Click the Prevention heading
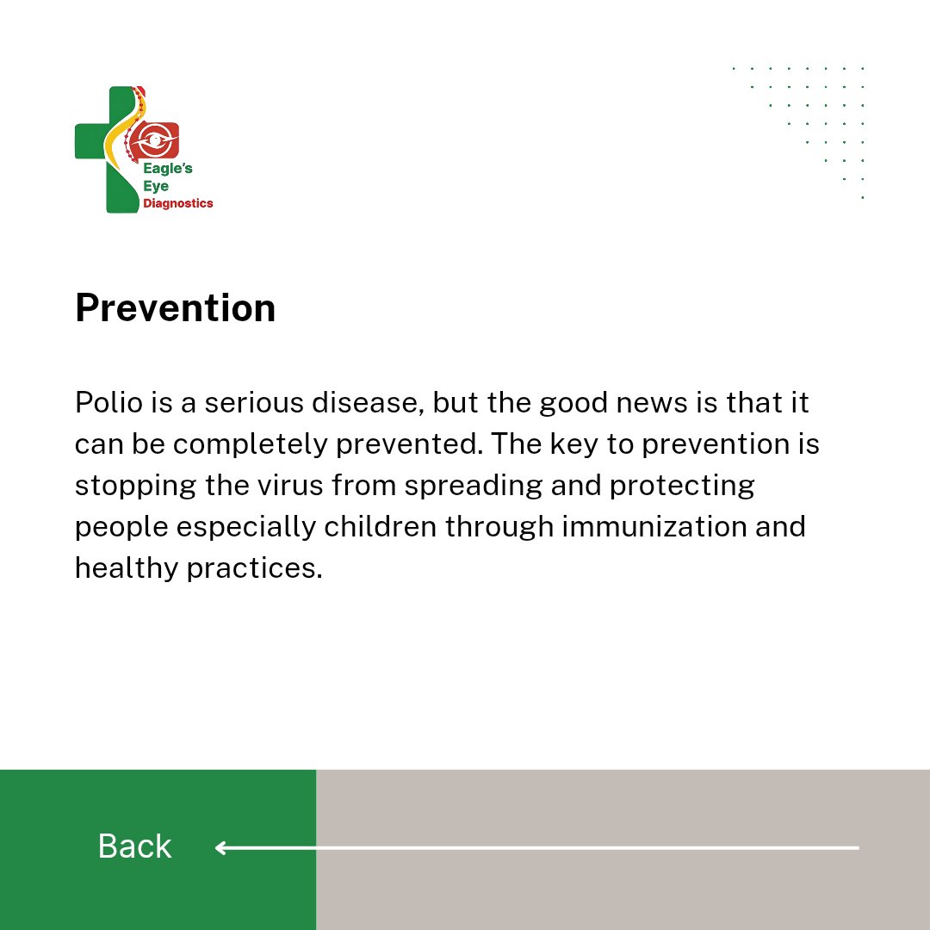pyautogui.click(x=175, y=308)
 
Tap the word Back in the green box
pyautogui.click(x=134, y=846)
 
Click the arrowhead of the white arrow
pyautogui.click(x=221, y=848)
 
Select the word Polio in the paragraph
pyautogui.click(x=104, y=402)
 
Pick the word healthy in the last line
pyautogui.click(x=127, y=567)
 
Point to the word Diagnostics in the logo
pyautogui.click(x=178, y=203)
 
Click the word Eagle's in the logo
pyautogui.click(x=167, y=170)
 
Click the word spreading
pyautogui.click(x=474, y=485)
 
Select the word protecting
pyautogui.click(x=682, y=485)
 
